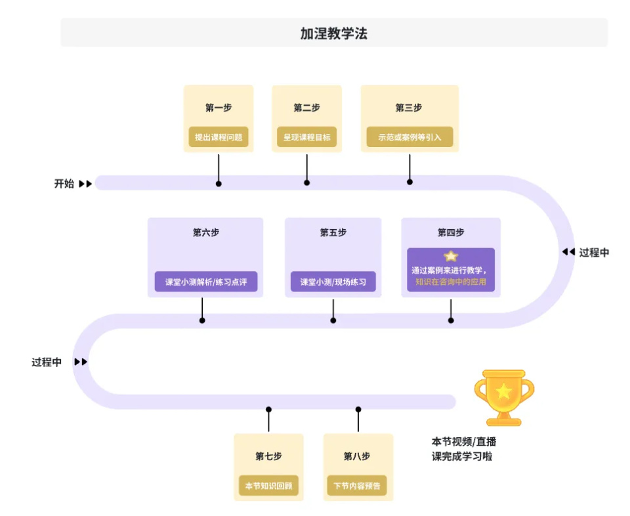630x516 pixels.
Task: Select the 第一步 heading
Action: pyautogui.click(x=218, y=108)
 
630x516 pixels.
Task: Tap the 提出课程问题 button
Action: pyautogui.click(x=219, y=138)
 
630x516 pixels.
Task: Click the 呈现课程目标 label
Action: pyautogui.click(x=306, y=138)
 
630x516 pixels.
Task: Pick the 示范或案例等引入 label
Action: pyautogui.click(x=409, y=138)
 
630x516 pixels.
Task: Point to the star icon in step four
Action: pyautogui.click(x=451, y=257)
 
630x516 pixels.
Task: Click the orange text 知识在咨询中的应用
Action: pyautogui.click(x=451, y=282)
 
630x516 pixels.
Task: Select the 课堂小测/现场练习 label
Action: pyautogui.click(x=333, y=282)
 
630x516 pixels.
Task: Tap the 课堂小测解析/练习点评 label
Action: pyautogui.click(x=205, y=282)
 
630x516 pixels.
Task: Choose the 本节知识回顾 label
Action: pyautogui.click(x=268, y=486)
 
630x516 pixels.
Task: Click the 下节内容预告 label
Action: pyautogui.click(x=358, y=486)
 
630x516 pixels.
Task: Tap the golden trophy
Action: pyautogui.click(x=504, y=397)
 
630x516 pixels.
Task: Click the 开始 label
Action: pyautogui.click(x=64, y=184)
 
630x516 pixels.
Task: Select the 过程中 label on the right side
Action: pyautogui.click(x=594, y=252)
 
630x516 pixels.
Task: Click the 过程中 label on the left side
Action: pyautogui.click(x=47, y=362)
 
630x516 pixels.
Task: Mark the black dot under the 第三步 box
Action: pyautogui.click(x=409, y=182)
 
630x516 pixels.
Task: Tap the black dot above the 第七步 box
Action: pyautogui.click(x=268, y=410)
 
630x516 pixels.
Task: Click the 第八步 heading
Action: pyautogui.click(x=358, y=456)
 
